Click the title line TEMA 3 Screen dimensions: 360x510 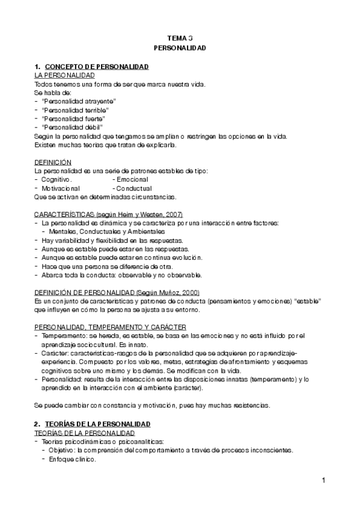[180, 38]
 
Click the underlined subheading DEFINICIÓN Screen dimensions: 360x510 [53, 162]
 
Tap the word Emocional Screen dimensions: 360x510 [132, 180]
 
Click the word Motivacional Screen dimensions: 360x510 [61, 188]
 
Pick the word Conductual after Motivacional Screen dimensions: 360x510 [134, 188]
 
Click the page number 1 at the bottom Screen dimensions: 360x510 [323, 480]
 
